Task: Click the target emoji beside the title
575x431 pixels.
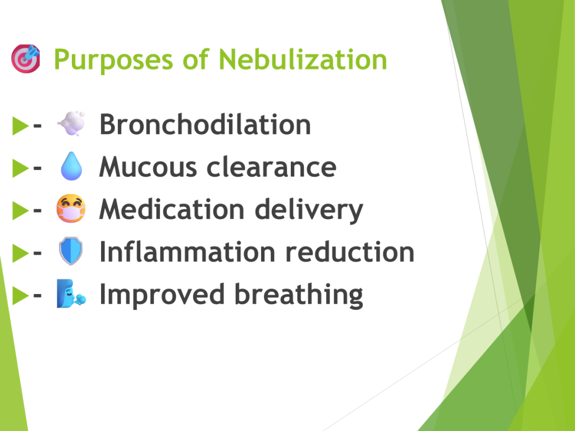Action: coord(26,58)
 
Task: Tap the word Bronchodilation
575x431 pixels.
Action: coord(206,124)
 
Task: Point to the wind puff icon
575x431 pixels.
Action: coord(71,123)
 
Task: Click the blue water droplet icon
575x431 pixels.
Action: coord(71,166)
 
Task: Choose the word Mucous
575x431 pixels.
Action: coord(148,167)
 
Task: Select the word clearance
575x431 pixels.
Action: coord(271,167)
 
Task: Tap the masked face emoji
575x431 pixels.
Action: coord(71,209)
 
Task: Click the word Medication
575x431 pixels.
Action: coord(172,209)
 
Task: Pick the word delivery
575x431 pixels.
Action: coord(309,210)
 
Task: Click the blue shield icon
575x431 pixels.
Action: coord(71,251)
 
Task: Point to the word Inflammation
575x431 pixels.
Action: coord(188,252)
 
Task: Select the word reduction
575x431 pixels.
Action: coord(350,252)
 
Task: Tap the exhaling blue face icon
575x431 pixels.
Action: coord(71,294)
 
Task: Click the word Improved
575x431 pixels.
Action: coord(162,295)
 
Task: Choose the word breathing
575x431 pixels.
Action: coord(299,295)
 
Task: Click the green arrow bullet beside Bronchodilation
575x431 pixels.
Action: coord(21,125)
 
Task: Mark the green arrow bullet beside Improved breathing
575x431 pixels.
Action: coord(21,295)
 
